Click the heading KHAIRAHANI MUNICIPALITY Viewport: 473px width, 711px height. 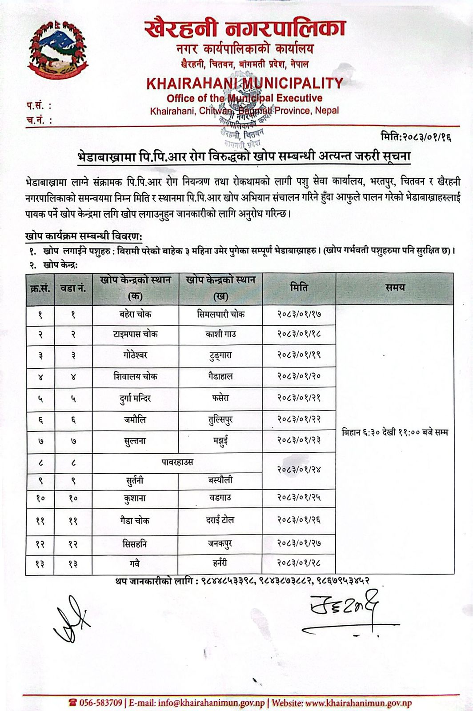click(245, 83)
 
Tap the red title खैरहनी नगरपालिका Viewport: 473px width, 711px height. click(245, 29)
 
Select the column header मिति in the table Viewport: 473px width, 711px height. click(299, 288)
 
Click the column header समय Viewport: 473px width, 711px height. click(395, 288)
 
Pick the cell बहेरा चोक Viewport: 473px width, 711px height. click(135, 314)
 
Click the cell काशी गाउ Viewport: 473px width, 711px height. click(220, 334)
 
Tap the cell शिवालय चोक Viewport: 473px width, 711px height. click(135, 376)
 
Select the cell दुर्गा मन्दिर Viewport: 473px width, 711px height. click(135, 398)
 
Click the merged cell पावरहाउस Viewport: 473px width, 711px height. click(177, 462)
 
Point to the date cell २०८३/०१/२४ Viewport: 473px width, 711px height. click(299, 470)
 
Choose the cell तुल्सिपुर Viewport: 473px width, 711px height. click(220, 419)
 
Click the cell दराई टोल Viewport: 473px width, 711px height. click(220, 520)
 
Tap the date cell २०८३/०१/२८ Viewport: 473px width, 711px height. click(299, 563)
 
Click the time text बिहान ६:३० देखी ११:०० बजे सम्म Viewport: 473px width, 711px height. click(395, 432)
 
